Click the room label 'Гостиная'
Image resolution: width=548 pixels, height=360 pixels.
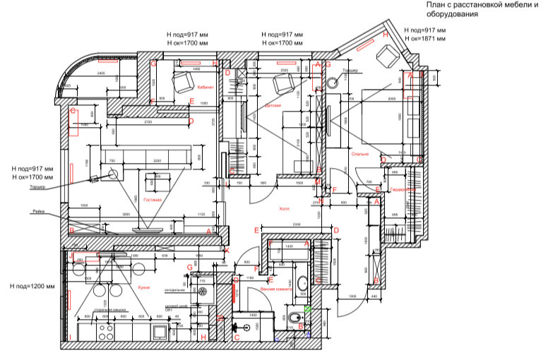coord(153,200)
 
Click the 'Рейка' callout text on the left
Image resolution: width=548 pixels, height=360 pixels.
coord(39,212)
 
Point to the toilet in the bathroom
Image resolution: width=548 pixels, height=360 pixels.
coord(292,322)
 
